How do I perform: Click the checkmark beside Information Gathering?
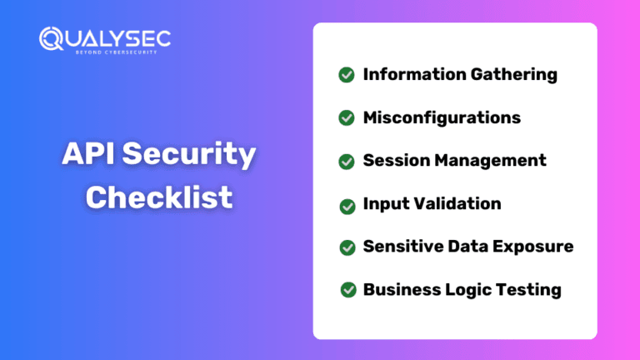pyautogui.click(x=347, y=75)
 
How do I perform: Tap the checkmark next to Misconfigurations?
pyautogui.click(x=347, y=118)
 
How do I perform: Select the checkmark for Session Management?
pyautogui.click(x=347, y=162)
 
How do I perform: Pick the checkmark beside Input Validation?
pyautogui.click(x=347, y=206)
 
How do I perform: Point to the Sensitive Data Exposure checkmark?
pyautogui.click(x=347, y=247)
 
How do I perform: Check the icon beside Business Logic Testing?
pyautogui.click(x=348, y=290)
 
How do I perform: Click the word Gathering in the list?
pyautogui.click(x=514, y=75)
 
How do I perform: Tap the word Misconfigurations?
pyautogui.click(x=442, y=117)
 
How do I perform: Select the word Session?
pyautogui.click(x=396, y=160)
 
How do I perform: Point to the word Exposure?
pyautogui.click(x=532, y=247)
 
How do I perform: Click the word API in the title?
pyautogui.click(x=88, y=153)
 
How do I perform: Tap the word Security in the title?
pyautogui.click(x=189, y=155)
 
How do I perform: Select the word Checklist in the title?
pyautogui.click(x=159, y=197)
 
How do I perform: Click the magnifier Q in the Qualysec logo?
pyautogui.click(x=51, y=39)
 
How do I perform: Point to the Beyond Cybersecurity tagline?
pyautogui.click(x=117, y=52)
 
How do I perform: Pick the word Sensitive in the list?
pyautogui.click(x=402, y=247)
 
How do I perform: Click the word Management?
pyautogui.click(x=490, y=161)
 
